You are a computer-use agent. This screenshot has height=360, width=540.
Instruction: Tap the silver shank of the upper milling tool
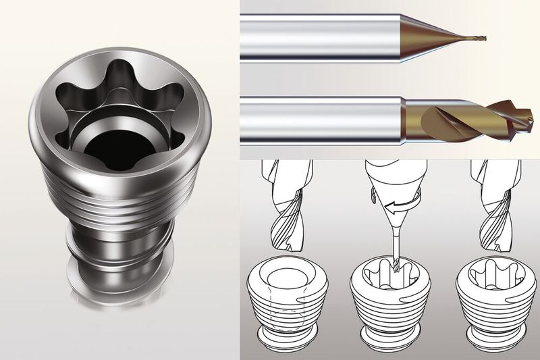(x=317, y=38)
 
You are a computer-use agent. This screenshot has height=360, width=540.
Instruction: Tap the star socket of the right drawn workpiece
(x=496, y=277)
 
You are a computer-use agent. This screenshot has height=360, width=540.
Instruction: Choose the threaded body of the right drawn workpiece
(x=496, y=307)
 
